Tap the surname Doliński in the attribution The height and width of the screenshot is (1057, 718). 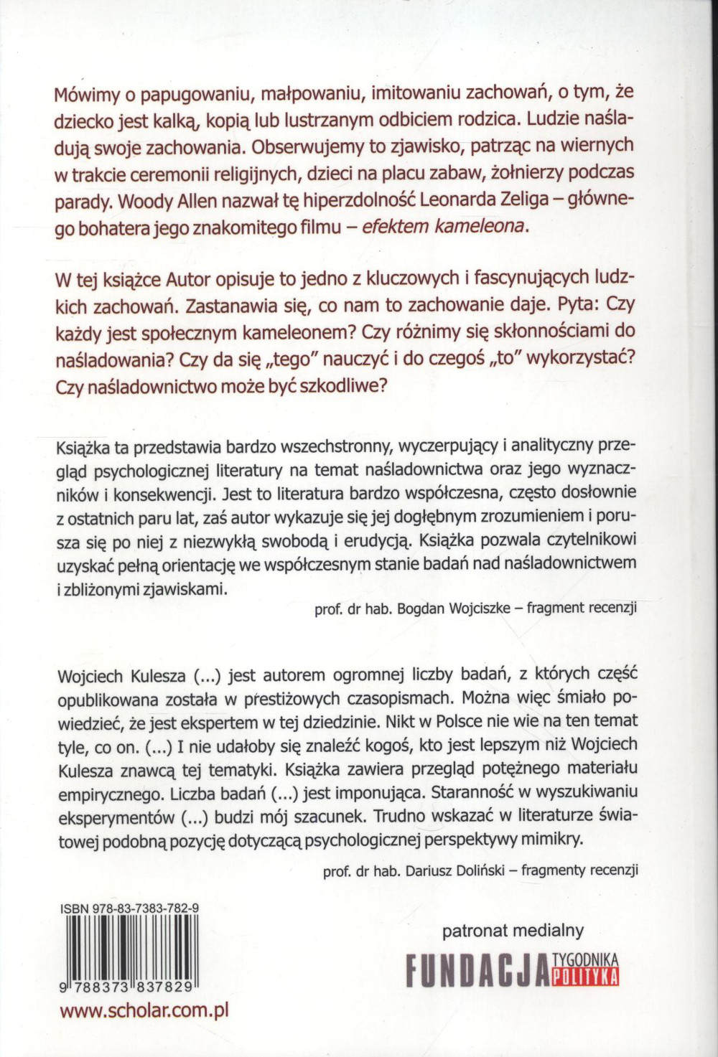[475, 870]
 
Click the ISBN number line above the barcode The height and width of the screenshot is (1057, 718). [129, 908]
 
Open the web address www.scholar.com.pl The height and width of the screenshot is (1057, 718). [144, 1010]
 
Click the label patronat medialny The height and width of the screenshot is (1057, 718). [513, 931]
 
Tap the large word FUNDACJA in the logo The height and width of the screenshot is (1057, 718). [477, 969]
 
